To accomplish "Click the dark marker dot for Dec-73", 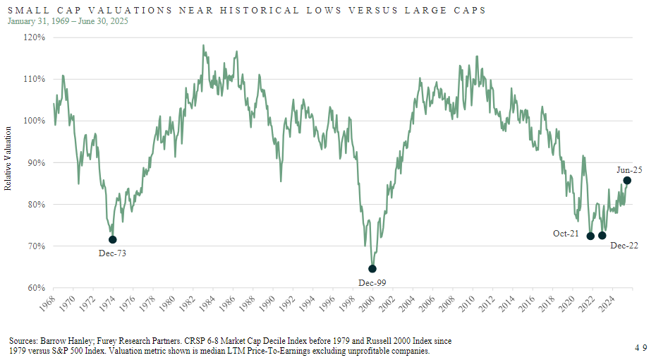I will point(113,240).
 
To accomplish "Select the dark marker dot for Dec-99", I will point(372,269).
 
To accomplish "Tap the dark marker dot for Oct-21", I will point(590,236).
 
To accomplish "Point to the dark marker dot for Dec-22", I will point(602,236).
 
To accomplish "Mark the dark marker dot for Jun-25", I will point(627,181).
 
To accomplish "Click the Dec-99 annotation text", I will point(372,282).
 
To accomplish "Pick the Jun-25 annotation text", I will point(630,169).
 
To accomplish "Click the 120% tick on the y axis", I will point(35,37).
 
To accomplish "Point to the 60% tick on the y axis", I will point(36,288).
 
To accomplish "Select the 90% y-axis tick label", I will point(36,162).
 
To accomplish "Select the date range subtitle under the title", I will point(68,21).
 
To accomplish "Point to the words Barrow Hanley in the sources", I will point(68,340).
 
